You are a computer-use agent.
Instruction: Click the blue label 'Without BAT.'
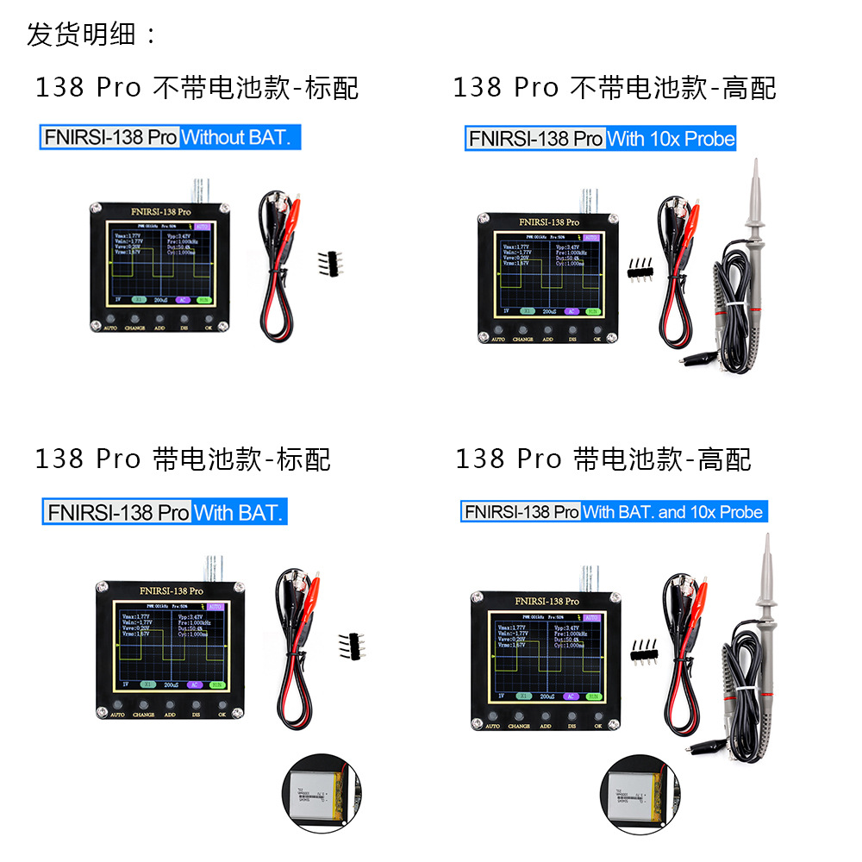click(x=241, y=137)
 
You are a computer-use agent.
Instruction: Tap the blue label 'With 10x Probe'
click(x=671, y=139)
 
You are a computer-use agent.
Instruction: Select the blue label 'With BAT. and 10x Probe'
click(x=672, y=512)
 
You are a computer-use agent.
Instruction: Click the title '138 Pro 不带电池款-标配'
click(x=197, y=87)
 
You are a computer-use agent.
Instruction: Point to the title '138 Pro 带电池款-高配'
click(x=603, y=459)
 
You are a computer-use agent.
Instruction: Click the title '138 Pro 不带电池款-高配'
click(x=615, y=87)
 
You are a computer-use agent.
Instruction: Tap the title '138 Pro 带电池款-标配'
click(x=183, y=459)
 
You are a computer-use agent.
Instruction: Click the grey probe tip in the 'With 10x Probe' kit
click(x=754, y=185)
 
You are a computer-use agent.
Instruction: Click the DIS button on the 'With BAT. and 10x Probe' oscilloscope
click(x=571, y=715)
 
